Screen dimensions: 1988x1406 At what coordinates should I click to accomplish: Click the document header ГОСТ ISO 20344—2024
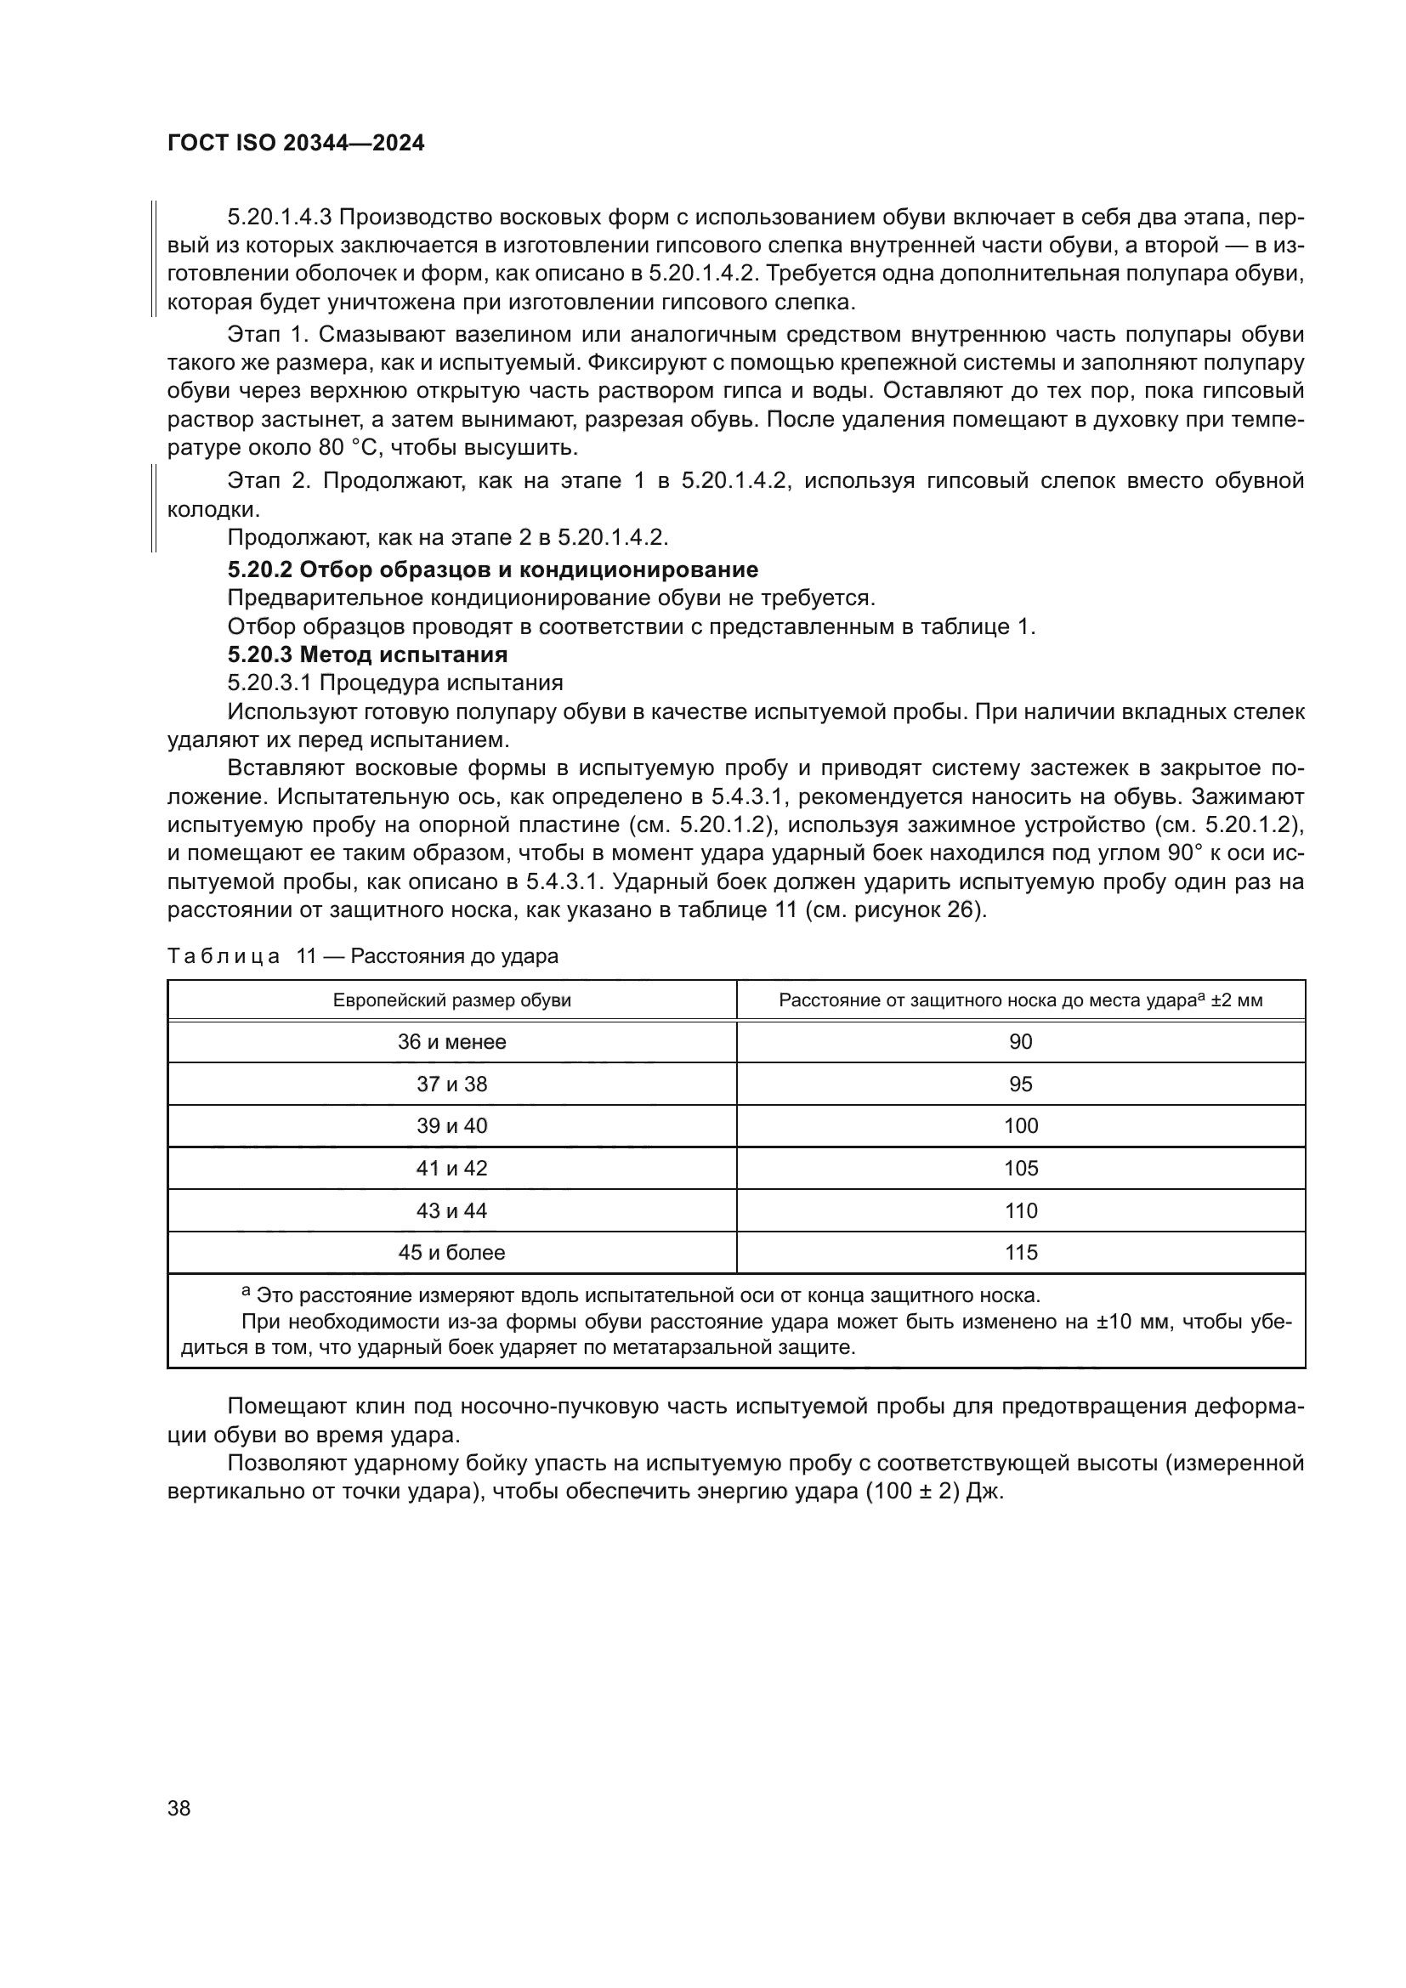pos(295,144)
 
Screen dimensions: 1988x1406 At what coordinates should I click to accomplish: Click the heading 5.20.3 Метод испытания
pos(367,654)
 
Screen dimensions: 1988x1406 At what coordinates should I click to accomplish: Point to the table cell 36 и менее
pos(452,1042)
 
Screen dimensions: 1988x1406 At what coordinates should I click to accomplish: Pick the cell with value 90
pos(1020,1042)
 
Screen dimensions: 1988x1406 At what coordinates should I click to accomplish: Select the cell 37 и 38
pos(452,1084)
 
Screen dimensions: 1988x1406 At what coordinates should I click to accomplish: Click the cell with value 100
pos(1020,1125)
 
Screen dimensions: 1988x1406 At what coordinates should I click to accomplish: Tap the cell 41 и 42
pos(452,1168)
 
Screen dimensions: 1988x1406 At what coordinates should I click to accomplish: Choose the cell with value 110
pos(1020,1210)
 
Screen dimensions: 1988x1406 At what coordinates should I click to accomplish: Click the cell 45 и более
pos(452,1252)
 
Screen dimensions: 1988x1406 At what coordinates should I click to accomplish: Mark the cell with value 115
pos(1020,1252)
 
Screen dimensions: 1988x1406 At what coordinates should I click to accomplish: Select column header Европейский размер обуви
pos(452,1001)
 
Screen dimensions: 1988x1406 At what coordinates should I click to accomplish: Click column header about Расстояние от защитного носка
pos(1020,1001)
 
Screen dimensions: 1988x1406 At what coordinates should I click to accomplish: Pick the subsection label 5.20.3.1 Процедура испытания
pos(394,682)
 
